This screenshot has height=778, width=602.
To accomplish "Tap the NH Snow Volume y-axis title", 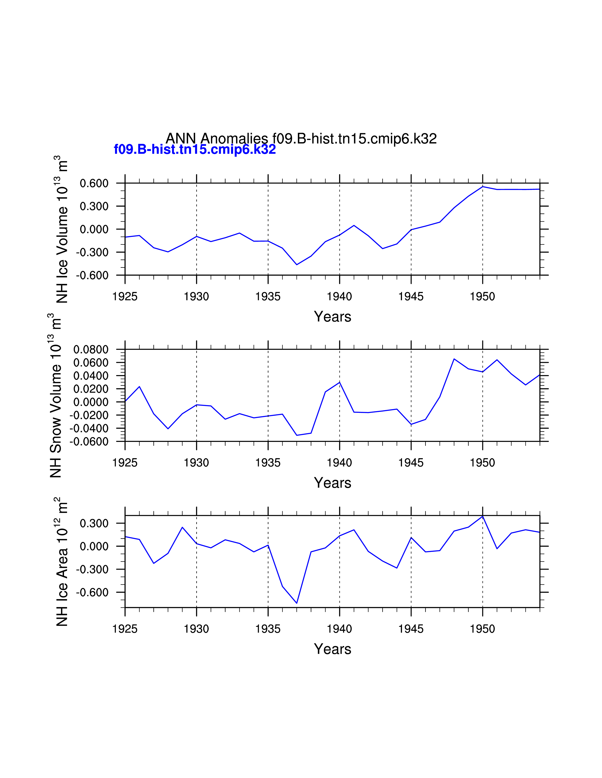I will (x=56, y=395).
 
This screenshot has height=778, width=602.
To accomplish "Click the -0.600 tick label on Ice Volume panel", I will (x=92, y=275).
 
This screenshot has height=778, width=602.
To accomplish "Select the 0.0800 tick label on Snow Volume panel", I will (x=91, y=349).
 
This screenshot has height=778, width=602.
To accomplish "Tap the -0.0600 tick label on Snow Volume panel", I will (x=89, y=442).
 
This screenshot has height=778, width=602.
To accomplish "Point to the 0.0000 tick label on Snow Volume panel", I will (x=91, y=402).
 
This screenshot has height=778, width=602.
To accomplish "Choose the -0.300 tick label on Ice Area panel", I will (x=92, y=569).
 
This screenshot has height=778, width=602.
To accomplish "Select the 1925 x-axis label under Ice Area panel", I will (x=125, y=629).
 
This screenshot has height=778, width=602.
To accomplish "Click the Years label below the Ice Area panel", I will (x=332, y=649).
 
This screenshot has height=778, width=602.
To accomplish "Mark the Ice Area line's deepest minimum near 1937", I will (x=297, y=603).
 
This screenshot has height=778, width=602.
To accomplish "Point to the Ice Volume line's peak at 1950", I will (x=483, y=187).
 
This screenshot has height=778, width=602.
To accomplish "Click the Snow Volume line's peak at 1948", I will (x=454, y=359).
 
